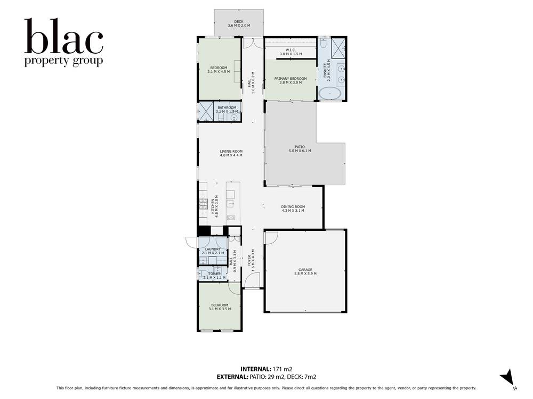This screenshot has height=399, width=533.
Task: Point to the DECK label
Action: [239, 22]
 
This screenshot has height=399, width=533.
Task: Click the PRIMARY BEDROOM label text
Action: [290, 79]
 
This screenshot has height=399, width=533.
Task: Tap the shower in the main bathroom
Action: [206, 111]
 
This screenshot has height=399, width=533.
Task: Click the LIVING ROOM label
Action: [231, 152]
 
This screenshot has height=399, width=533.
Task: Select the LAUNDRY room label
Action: [212, 249]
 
